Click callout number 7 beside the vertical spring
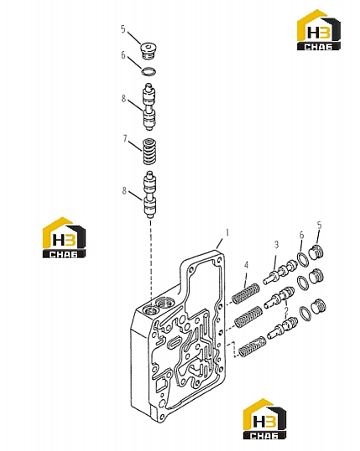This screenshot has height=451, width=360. click(125, 138)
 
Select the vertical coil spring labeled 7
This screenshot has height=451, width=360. click(149, 152)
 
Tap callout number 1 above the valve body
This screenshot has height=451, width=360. click(227, 232)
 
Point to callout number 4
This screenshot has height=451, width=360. click(246, 265)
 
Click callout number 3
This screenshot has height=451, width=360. click(276, 245)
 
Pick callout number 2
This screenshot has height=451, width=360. click(286, 311)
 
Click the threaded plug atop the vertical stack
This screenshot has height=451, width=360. click(149, 51)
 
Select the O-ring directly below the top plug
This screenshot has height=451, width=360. click(149, 71)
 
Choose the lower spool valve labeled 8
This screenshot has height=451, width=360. click(149, 194)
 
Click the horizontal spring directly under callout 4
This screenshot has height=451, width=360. click(246, 293)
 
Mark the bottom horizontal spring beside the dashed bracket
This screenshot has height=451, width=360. click(252, 346)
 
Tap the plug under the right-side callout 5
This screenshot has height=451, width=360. click(316, 253)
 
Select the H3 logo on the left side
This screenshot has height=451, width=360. click(65, 237)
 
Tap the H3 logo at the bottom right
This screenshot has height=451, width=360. click(265, 419)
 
